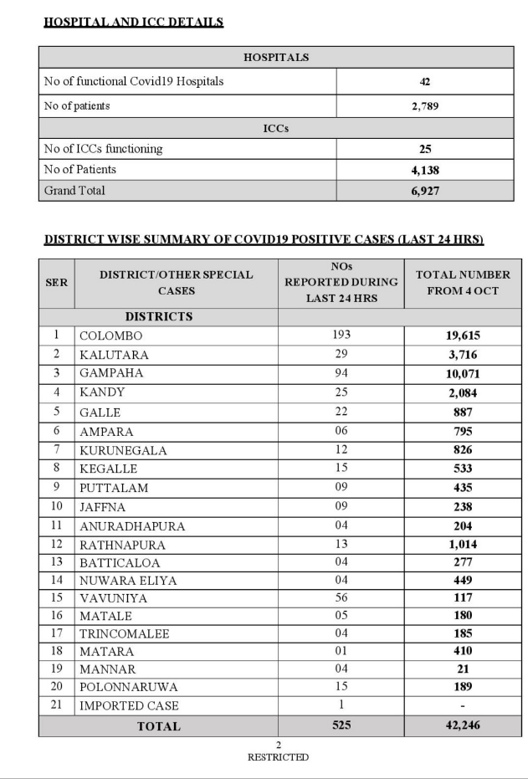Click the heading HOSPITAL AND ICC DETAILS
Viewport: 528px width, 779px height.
tap(133, 22)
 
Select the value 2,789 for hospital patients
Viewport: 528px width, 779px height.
tap(425, 106)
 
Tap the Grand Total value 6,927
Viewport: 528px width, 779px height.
tap(425, 191)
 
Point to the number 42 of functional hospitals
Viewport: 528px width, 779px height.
tap(425, 82)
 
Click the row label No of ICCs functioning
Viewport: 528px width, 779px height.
tap(103, 149)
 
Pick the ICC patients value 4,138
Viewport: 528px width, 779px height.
tap(425, 170)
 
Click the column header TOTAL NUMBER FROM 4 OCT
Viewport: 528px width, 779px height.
tap(462, 283)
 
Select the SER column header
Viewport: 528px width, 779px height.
tap(56, 283)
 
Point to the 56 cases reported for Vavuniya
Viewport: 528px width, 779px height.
tap(341, 597)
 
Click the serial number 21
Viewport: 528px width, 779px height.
tap(56, 705)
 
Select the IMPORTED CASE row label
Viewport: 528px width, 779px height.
tap(129, 705)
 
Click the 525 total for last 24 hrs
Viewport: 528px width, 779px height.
tap(341, 725)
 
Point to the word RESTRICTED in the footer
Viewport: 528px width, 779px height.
tap(278, 757)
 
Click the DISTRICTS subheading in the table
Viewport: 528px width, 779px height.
tap(159, 317)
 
